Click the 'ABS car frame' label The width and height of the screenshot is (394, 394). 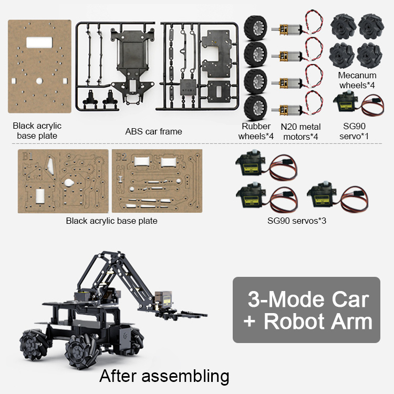(153, 131)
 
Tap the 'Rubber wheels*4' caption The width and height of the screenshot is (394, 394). (256, 131)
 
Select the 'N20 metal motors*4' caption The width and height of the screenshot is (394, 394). (300, 131)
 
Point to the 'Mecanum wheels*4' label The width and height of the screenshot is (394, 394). (357, 80)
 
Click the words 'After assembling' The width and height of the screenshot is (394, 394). (164, 376)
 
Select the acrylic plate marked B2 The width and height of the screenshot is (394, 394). (158, 181)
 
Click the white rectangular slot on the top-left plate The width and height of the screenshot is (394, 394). (39, 42)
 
